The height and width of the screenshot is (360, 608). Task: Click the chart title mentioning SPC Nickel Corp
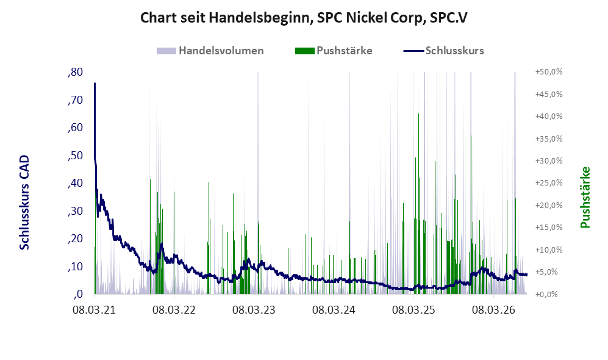coord(304,18)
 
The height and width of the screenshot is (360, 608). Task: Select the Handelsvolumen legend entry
coord(210,51)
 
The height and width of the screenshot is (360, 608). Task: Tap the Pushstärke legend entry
coord(334,51)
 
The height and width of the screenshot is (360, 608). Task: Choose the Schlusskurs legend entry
coord(443,51)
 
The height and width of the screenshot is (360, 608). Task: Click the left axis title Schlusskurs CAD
coord(24,203)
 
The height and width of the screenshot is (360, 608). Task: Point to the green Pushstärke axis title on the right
coord(585,197)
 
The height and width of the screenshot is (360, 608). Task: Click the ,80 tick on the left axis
coord(75,72)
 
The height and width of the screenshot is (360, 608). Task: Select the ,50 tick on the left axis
coord(75,156)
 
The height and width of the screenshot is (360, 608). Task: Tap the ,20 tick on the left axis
coord(75,239)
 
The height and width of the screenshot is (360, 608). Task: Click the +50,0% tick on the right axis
coord(549,72)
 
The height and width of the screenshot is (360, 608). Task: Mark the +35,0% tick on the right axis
coord(549,139)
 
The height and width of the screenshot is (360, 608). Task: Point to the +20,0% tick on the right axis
coord(549,205)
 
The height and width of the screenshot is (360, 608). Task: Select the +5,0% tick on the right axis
coord(550,272)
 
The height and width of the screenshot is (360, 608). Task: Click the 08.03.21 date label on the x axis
coord(95,311)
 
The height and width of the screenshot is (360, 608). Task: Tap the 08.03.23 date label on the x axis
coord(254,311)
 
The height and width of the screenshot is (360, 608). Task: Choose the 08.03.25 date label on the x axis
coord(413,311)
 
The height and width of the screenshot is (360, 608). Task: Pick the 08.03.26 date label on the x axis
coord(493,311)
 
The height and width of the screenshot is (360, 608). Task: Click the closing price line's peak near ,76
coord(95,84)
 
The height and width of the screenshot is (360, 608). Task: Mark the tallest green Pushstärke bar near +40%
coord(419,204)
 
